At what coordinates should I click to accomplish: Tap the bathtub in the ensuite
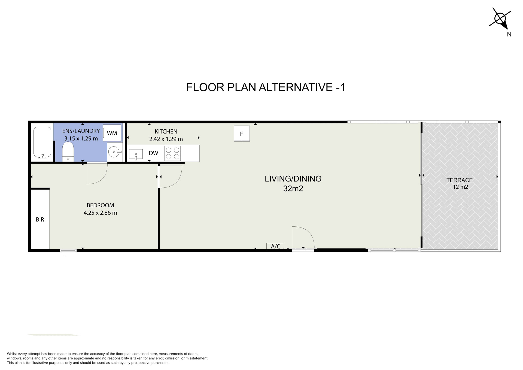coord(42,142)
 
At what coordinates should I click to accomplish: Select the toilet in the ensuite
coord(68,152)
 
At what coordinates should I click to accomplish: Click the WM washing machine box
coord(112,133)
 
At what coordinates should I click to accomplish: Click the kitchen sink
coord(136,154)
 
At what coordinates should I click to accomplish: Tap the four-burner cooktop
coord(173,153)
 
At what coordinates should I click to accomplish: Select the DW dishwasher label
coord(154,153)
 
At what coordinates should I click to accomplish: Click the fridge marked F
coord(242,134)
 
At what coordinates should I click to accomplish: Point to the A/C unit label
coord(275,246)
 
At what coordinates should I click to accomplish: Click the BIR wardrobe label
coord(40,220)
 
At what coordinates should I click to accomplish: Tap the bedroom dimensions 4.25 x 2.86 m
coord(100,213)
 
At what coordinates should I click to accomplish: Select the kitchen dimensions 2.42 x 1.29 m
coord(166,139)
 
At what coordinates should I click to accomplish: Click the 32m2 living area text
coord(293,189)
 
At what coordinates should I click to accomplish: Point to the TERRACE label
coord(460,180)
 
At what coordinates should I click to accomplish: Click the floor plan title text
coord(266,87)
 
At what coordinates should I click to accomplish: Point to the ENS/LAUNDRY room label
coord(81,131)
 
